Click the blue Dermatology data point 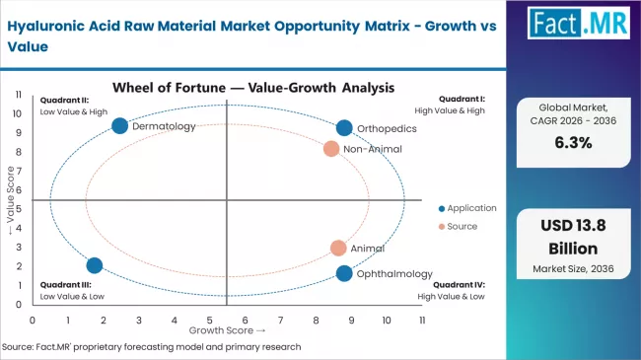[120, 125]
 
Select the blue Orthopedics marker [343, 128]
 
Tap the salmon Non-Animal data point [331, 149]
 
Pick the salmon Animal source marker [338, 249]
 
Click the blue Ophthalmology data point [343, 273]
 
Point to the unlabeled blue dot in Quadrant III [95, 265]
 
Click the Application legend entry [467, 208]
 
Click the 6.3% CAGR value [578, 141]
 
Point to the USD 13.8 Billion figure [578, 236]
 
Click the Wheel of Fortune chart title [253, 87]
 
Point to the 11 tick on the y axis [19, 94]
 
